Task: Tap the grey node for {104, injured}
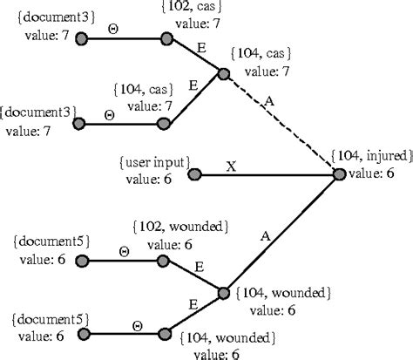coord(339,174)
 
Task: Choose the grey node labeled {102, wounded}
coord(163,261)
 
